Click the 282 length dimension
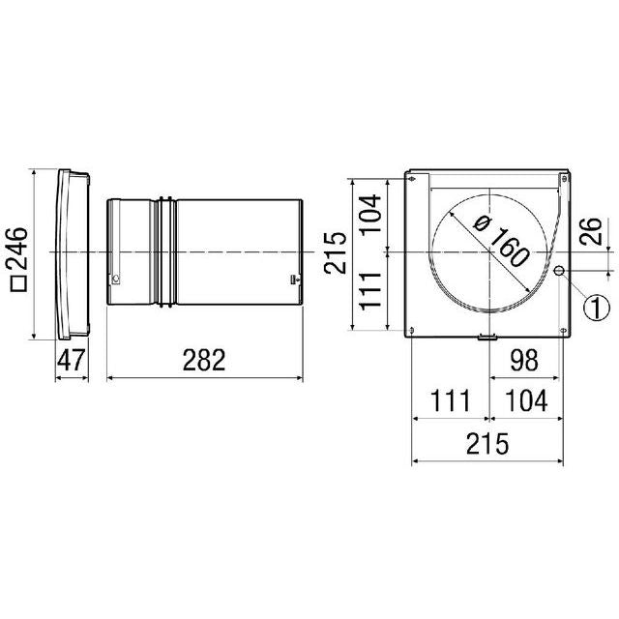click(x=204, y=360)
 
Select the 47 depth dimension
click(x=72, y=360)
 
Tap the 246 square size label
click(x=17, y=249)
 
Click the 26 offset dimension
click(x=590, y=232)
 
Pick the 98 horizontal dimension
click(x=524, y=360)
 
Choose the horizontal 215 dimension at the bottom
click(x=487, y=444)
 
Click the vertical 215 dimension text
click(x=336, y=252)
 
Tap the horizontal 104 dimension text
click(x=526, y=401)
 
